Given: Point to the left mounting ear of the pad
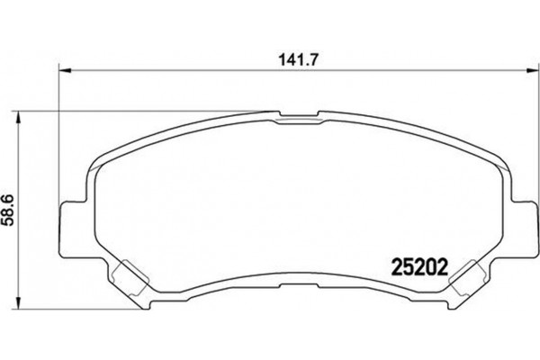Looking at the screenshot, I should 71,223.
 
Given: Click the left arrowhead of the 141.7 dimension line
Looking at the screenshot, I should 65,71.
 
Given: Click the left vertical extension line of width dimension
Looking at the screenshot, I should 59,135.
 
